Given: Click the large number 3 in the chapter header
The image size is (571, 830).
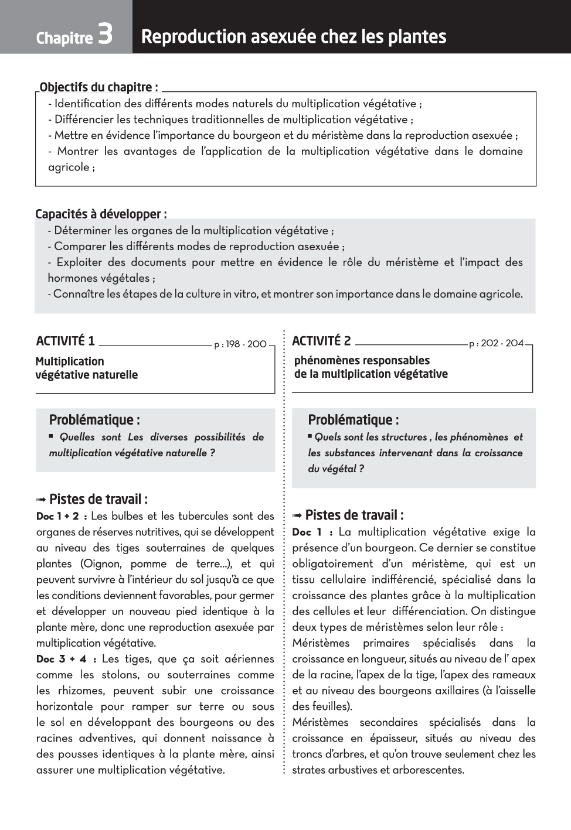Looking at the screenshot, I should pos(106,35).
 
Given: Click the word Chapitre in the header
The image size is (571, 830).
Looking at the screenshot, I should pos(64,38).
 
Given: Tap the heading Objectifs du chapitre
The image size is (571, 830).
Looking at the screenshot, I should pos(98,87).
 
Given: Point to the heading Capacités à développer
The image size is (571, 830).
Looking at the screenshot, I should pos(101,214).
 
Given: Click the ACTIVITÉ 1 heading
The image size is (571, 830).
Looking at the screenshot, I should pos(65,341).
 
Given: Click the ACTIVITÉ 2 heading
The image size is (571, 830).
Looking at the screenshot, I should pos(321,341).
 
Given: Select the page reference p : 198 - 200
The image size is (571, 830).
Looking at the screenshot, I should pos(240,344).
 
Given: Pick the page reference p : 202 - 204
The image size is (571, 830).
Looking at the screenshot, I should pos(496,343).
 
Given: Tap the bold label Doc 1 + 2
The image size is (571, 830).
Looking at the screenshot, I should pos(62,517).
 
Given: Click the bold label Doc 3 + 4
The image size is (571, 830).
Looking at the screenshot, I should pos(66,659).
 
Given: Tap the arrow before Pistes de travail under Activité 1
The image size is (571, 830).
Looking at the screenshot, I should pos(41,500).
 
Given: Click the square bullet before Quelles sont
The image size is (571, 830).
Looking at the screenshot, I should pos(51,436).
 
